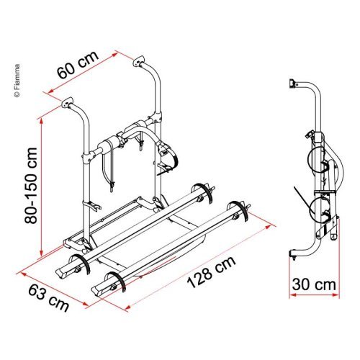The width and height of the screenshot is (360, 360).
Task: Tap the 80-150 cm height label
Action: coord(31,186)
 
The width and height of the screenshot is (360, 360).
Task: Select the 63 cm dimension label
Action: coord(49,298)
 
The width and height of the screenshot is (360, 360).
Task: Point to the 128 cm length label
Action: coord(211,272)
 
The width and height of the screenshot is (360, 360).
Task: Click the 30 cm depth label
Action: coord(314,284)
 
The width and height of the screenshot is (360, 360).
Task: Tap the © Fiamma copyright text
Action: coord(17,81)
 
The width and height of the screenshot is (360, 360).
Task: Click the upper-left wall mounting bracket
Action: coord(67,102)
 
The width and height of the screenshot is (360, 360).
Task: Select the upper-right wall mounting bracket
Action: coord(139,61)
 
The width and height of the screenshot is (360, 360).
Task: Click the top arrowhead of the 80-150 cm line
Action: coord(42,121)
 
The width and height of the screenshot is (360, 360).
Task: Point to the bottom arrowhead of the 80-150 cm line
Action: coord(41,253)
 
